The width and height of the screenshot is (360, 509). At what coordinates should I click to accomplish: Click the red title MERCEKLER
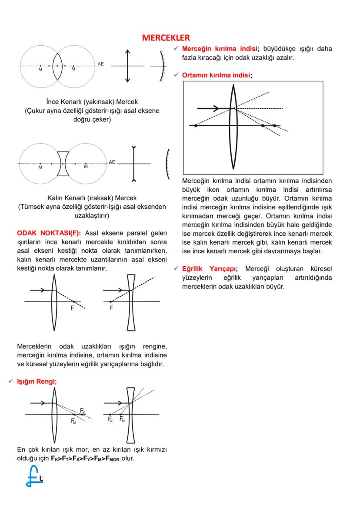click(x=166, y=38)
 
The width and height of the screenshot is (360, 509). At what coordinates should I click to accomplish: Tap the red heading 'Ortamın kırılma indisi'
click(x=217, y=75)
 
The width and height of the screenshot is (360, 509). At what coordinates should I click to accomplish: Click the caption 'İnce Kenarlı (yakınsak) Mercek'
click(x=92, y=102)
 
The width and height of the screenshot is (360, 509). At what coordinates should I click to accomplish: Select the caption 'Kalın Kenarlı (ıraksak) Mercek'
click(x=92, y=198)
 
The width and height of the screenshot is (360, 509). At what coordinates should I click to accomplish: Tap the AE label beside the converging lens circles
click(x=100, y=64)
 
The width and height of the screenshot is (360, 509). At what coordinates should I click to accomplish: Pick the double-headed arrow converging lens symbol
click(x=127, y=66)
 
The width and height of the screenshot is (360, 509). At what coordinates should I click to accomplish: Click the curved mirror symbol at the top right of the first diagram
click(x=162, y=66)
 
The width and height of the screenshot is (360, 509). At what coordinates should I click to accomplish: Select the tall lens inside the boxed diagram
click(x=234, y=126)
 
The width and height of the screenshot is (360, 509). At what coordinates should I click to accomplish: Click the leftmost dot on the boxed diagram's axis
click(x=196, y=126)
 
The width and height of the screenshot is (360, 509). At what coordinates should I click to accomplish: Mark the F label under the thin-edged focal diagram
click(x=73, y=308)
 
